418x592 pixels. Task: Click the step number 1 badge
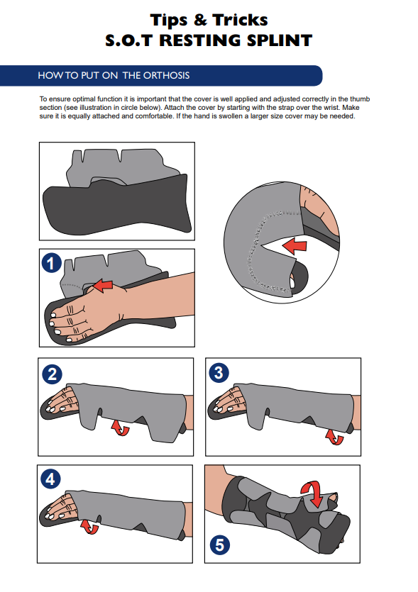pyautogui.click(x=52, y=263)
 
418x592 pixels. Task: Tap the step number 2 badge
pyautogui.click(x=52, y=374)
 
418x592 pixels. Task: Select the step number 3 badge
pyautogui.click(x=219, y=373)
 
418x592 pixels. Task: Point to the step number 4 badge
pyautogui.click(x=50, y=479)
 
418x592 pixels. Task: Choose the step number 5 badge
pyautogui.click(x=219, y=544)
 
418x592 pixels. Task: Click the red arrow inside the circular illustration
pyautogui.click(x=295, y=245)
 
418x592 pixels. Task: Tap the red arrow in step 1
pyautogui.click(x=103, y=285)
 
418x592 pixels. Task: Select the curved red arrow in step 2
pyautogui.click(x=120, y=428)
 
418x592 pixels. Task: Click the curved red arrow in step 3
pyautogui.click(x=334, y=437)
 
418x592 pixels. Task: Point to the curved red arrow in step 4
pyautogui.click(x=89, y=526)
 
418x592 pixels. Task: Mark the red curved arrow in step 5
pyautogui.click(x=312, y=493)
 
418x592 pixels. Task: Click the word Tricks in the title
pyautogui.click(x=240, y=20)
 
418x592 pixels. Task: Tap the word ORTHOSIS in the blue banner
pyautogui.click(x=166, y=76)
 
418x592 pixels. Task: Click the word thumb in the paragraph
pyautogui.click(x=360, y=99)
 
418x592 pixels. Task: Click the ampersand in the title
pyautogui.click(x=200, y=20)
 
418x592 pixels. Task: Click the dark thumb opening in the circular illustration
pyautogui.click(x=299, y=277)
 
